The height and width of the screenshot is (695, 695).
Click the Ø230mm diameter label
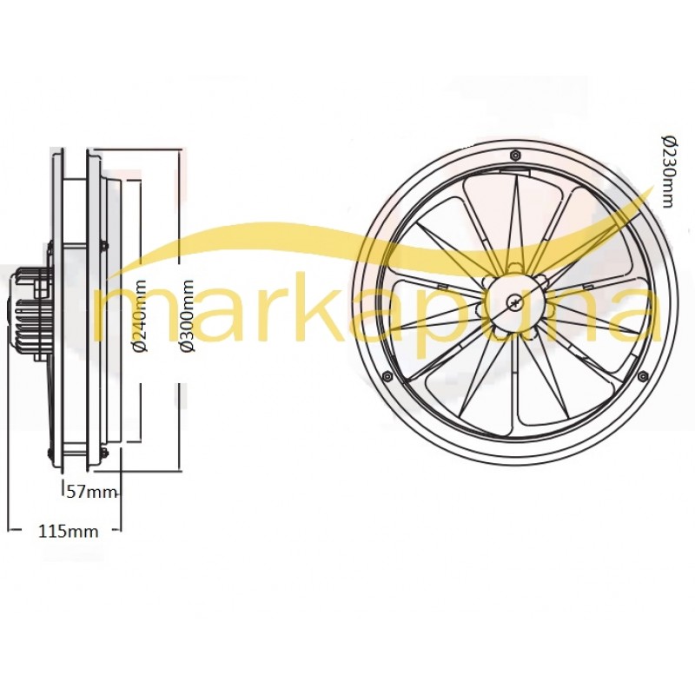(668, 171)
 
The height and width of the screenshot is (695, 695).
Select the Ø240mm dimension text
(141, 315)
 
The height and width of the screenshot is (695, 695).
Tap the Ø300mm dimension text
(188, 315)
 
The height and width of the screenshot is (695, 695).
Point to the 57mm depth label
(91, 491)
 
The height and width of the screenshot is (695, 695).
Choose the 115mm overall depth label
(69, 531)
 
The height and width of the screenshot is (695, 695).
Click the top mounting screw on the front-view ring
(514, 155)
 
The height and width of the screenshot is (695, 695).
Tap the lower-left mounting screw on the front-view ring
(387, 376)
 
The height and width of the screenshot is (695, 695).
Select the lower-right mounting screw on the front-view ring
(643, 376)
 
